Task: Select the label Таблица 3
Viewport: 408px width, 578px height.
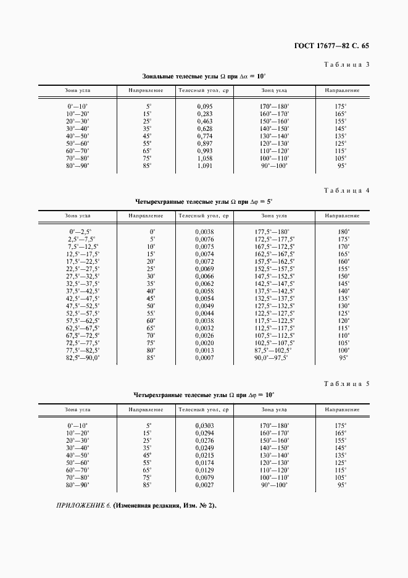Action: coord(346,65)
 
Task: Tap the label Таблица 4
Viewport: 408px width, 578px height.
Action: coord(346,190)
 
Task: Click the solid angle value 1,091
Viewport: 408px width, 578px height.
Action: coord(204,165)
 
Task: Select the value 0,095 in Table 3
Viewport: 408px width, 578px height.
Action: coord(204,106)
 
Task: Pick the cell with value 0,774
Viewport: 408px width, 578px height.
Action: coord(204,136)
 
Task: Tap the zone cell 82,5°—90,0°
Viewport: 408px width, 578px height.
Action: coord(83,357)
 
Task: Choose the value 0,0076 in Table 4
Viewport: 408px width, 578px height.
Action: coord(204,238)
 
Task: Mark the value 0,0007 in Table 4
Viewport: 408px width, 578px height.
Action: coord(204,357)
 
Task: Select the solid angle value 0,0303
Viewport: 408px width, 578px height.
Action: coord(204,425)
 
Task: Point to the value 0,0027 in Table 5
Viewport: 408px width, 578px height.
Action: coord(204,485)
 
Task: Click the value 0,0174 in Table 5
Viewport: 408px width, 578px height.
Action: coord(204,463)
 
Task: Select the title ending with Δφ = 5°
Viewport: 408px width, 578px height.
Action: coord(204,201)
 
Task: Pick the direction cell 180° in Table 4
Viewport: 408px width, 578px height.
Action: coord(343,231)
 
